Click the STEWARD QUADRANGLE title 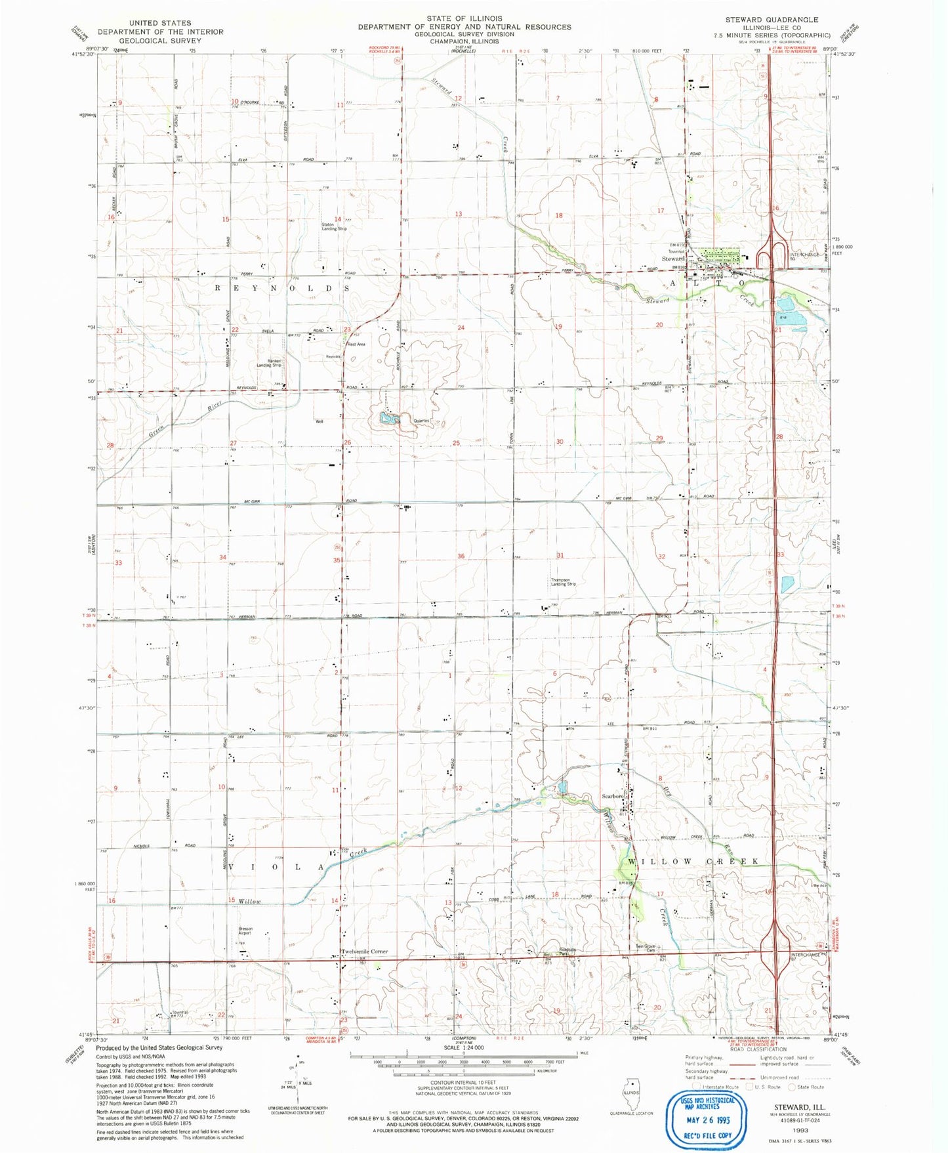coord(772,20)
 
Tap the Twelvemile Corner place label coord(364,951)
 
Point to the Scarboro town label coord(613,796)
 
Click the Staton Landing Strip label coord(334,227)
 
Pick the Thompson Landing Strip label coord(564,582)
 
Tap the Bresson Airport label coord(245,931)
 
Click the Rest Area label coord(356,345)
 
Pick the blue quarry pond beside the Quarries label coord(388,417)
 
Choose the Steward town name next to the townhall coord(673,259)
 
